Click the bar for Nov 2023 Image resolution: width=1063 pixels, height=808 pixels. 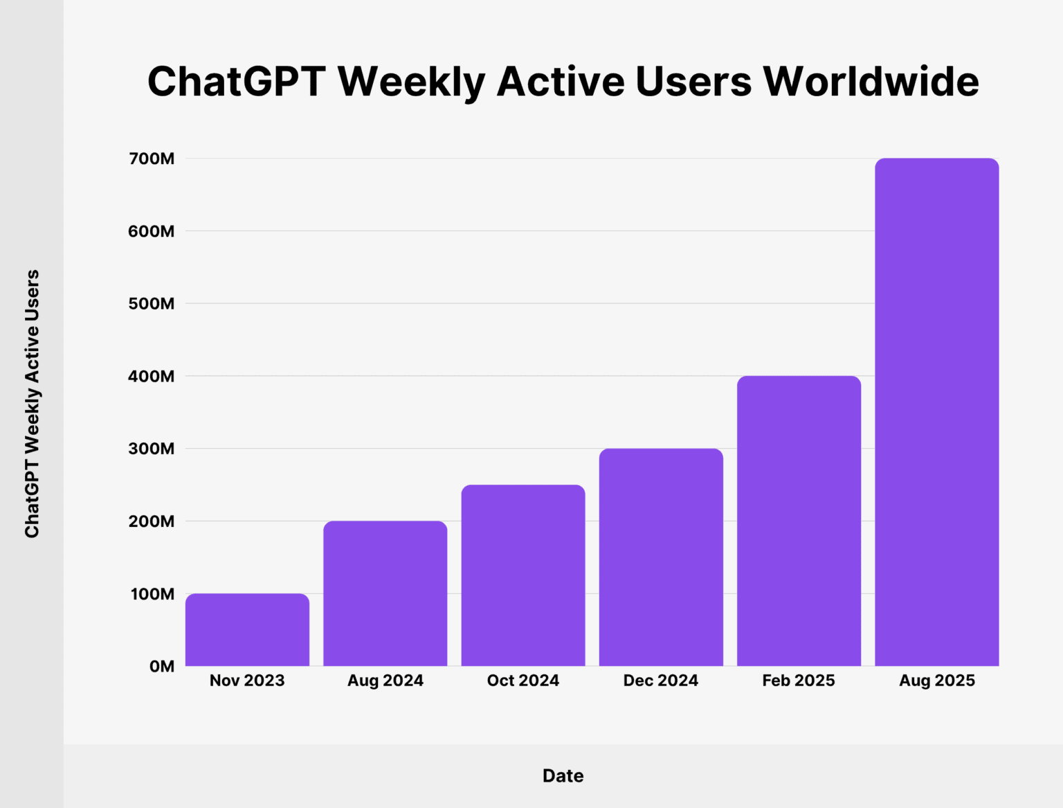[247, 629]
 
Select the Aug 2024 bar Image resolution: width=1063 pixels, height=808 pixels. [385, 593]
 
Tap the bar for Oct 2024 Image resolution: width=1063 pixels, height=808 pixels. [523, 575]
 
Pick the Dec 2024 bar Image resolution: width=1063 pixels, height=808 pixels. [661, 557]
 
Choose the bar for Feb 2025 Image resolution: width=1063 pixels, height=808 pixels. [799, 521]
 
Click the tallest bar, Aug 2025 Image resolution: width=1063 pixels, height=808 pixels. [936, 412]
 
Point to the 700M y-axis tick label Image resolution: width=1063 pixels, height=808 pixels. [152, 159]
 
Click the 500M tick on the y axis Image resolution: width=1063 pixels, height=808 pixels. [152, 303]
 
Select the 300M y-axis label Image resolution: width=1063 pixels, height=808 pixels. [152, 449]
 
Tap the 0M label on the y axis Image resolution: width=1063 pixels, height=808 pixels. [162, 666]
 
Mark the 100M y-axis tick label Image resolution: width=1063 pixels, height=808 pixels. [152, 594]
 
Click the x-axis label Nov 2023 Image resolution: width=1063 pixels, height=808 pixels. [247, 681]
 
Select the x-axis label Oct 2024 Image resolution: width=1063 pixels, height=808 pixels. [523, 681]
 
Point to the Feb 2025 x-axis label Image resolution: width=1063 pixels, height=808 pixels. [799, 681]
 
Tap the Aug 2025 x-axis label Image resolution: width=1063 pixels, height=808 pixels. [936, 681]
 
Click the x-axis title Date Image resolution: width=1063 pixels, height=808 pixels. [563, 775]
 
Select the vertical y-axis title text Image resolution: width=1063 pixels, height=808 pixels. [32, 404]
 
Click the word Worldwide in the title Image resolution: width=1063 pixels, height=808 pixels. [871, 82]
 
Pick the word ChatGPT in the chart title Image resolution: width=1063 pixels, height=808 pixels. [237, 82]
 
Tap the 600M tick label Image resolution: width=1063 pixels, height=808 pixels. [152, 231]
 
